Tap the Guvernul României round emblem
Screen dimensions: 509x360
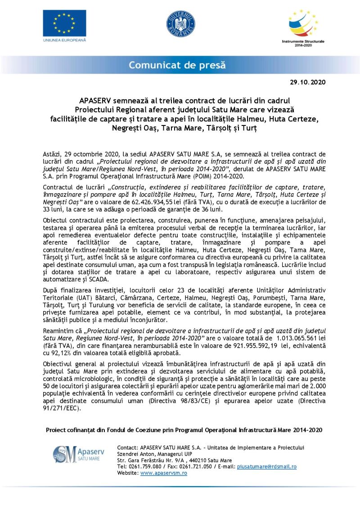[x=180, y=24]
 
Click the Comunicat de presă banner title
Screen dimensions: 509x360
[x=177, y=65]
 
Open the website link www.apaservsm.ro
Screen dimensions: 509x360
[x=163, y=473]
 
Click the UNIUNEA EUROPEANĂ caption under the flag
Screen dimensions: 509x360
[x=64, y=40]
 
